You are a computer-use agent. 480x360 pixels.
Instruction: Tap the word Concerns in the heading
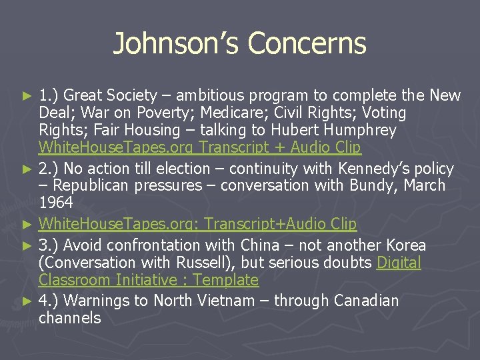(307, 44)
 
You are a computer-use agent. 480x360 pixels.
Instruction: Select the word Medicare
(245, 113)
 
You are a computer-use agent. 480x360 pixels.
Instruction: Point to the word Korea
(402, 245)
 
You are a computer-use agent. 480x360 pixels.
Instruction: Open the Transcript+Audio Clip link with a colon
(197, 224)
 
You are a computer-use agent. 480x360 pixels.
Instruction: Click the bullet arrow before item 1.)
(27, 96)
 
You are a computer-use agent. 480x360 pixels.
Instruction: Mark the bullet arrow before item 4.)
(27, 301)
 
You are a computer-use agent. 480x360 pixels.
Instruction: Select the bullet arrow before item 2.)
(27, 169)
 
